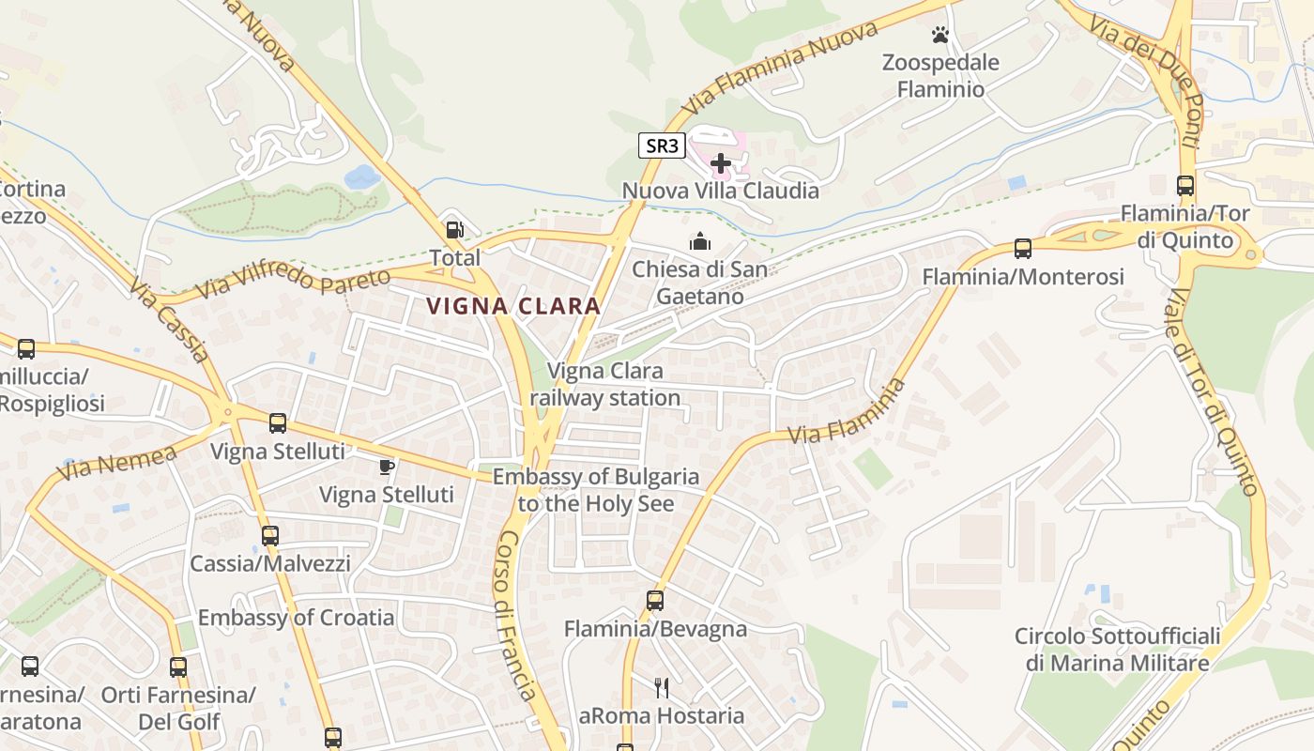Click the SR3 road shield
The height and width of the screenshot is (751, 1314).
[x=662, y=146]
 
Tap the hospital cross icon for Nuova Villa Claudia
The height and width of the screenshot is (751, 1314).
[x=721, y=164]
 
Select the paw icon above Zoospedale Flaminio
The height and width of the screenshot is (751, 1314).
[x=940, y=36]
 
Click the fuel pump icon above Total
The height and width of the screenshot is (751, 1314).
[x=454, y=230]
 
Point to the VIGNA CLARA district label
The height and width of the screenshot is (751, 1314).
[x=513, y=306]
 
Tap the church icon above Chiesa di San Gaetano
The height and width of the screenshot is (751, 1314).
[x=700, y=242]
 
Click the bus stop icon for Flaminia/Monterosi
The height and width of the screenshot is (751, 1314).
[x=1023, y=249]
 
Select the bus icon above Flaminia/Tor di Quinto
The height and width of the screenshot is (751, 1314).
[x=1185, y=186]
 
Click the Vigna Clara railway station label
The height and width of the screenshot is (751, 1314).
[x=605, y=384]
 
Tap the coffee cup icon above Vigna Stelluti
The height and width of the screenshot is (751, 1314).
[x=386, y=467]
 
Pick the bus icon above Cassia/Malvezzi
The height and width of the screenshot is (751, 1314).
[x=270, y=536]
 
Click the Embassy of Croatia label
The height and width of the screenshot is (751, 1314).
[x=296, y=618]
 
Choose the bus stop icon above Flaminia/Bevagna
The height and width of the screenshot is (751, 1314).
[x=655, y=601]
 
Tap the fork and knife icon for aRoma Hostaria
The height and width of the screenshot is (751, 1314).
[x=662, y=688]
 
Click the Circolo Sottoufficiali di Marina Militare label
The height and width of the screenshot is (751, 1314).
[x=1117, y=650]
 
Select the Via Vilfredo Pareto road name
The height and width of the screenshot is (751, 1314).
[x=295, y=282]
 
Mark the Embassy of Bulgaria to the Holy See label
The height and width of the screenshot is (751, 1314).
[x=596, y=490]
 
